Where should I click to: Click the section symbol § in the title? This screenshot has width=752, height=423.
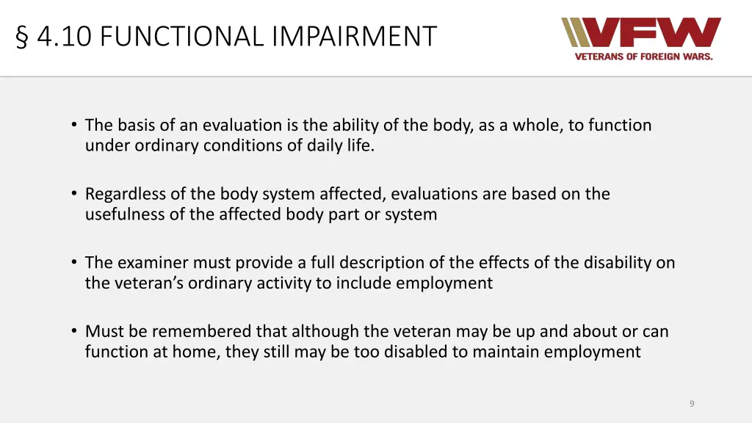tap(22, 36)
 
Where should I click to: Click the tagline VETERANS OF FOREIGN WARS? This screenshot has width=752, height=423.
tap(643, 57)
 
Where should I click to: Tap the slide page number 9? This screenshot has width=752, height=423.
tap(692, 403)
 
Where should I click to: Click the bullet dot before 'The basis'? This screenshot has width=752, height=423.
tap(75, 125)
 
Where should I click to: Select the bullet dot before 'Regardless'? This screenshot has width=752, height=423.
tap(75, 194)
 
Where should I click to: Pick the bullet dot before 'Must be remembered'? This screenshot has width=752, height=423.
tap(75, 331)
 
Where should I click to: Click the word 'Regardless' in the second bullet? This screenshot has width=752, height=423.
tap(126, 194)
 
